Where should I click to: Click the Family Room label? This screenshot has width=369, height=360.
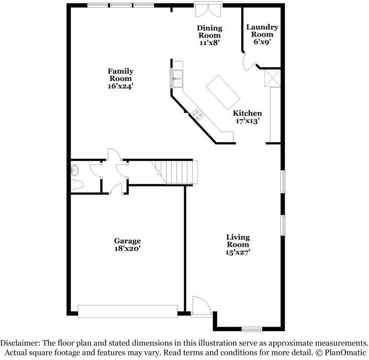[120, 75]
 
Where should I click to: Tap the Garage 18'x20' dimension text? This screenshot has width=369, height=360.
[127, 248]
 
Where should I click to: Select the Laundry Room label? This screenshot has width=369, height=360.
[262, 30]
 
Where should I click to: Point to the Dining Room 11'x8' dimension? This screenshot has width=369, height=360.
[209, 43]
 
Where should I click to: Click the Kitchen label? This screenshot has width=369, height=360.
[247, 113]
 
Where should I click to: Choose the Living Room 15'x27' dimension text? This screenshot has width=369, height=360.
[238, 253]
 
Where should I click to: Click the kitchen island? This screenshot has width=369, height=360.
[223, 92]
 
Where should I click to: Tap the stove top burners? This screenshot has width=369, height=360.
[198, 115]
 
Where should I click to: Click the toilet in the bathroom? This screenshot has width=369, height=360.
[77, 184]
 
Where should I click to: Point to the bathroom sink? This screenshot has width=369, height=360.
[75, 170]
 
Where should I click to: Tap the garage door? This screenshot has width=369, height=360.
[128, 311]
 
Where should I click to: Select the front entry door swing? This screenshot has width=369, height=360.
[200, 306]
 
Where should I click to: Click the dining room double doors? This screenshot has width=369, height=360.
[208, 9]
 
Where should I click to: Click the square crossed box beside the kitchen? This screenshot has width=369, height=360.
[272, 78]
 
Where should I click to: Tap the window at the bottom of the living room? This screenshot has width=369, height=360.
[252, 329]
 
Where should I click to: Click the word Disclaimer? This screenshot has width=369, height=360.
[19, 343]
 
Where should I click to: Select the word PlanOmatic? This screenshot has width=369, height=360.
[345, 353]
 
